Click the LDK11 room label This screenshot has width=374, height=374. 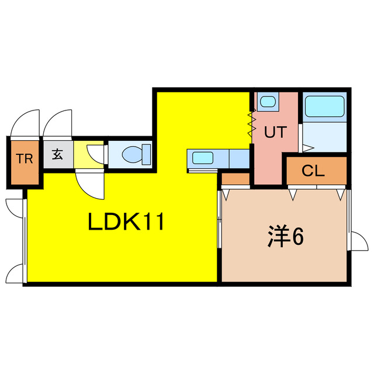point(126,221)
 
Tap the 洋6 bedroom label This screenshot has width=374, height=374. point(285,236)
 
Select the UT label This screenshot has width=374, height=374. point(275,132)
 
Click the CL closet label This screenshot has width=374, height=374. point(313,171)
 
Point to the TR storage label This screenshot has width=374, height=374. point(25,158)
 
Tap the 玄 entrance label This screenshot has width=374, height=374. point(57,154)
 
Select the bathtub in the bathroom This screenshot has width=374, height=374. point(325,106)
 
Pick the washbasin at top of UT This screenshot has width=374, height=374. point(268,101)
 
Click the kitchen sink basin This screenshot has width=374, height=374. point(203,158)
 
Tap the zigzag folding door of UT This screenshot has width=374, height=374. point(252,123)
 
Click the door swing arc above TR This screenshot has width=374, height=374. point(25,123)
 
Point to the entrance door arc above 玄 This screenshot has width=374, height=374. point(57,123)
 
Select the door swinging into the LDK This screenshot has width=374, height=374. point(90,185)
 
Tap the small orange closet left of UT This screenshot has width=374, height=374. point(236,179)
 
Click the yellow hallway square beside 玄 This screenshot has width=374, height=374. point(88,154)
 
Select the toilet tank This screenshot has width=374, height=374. point(146,154)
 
